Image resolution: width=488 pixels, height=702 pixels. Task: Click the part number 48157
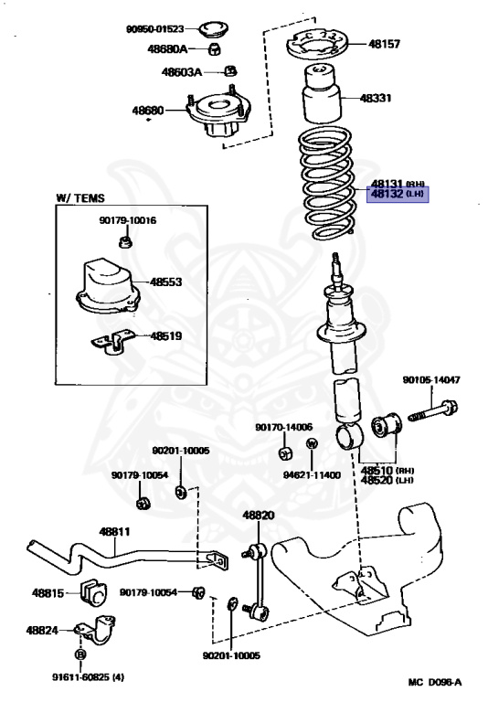click(x=384, y=44)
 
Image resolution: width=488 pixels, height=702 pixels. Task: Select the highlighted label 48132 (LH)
click(x=398, y=195)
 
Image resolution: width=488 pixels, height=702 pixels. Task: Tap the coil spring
click(x=328, y=183)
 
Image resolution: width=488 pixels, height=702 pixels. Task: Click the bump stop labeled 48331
click(x=322, y=93)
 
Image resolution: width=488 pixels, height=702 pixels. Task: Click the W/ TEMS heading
click(x=80, y=197)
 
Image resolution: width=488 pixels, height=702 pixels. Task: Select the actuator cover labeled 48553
click(x=107, y=286)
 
